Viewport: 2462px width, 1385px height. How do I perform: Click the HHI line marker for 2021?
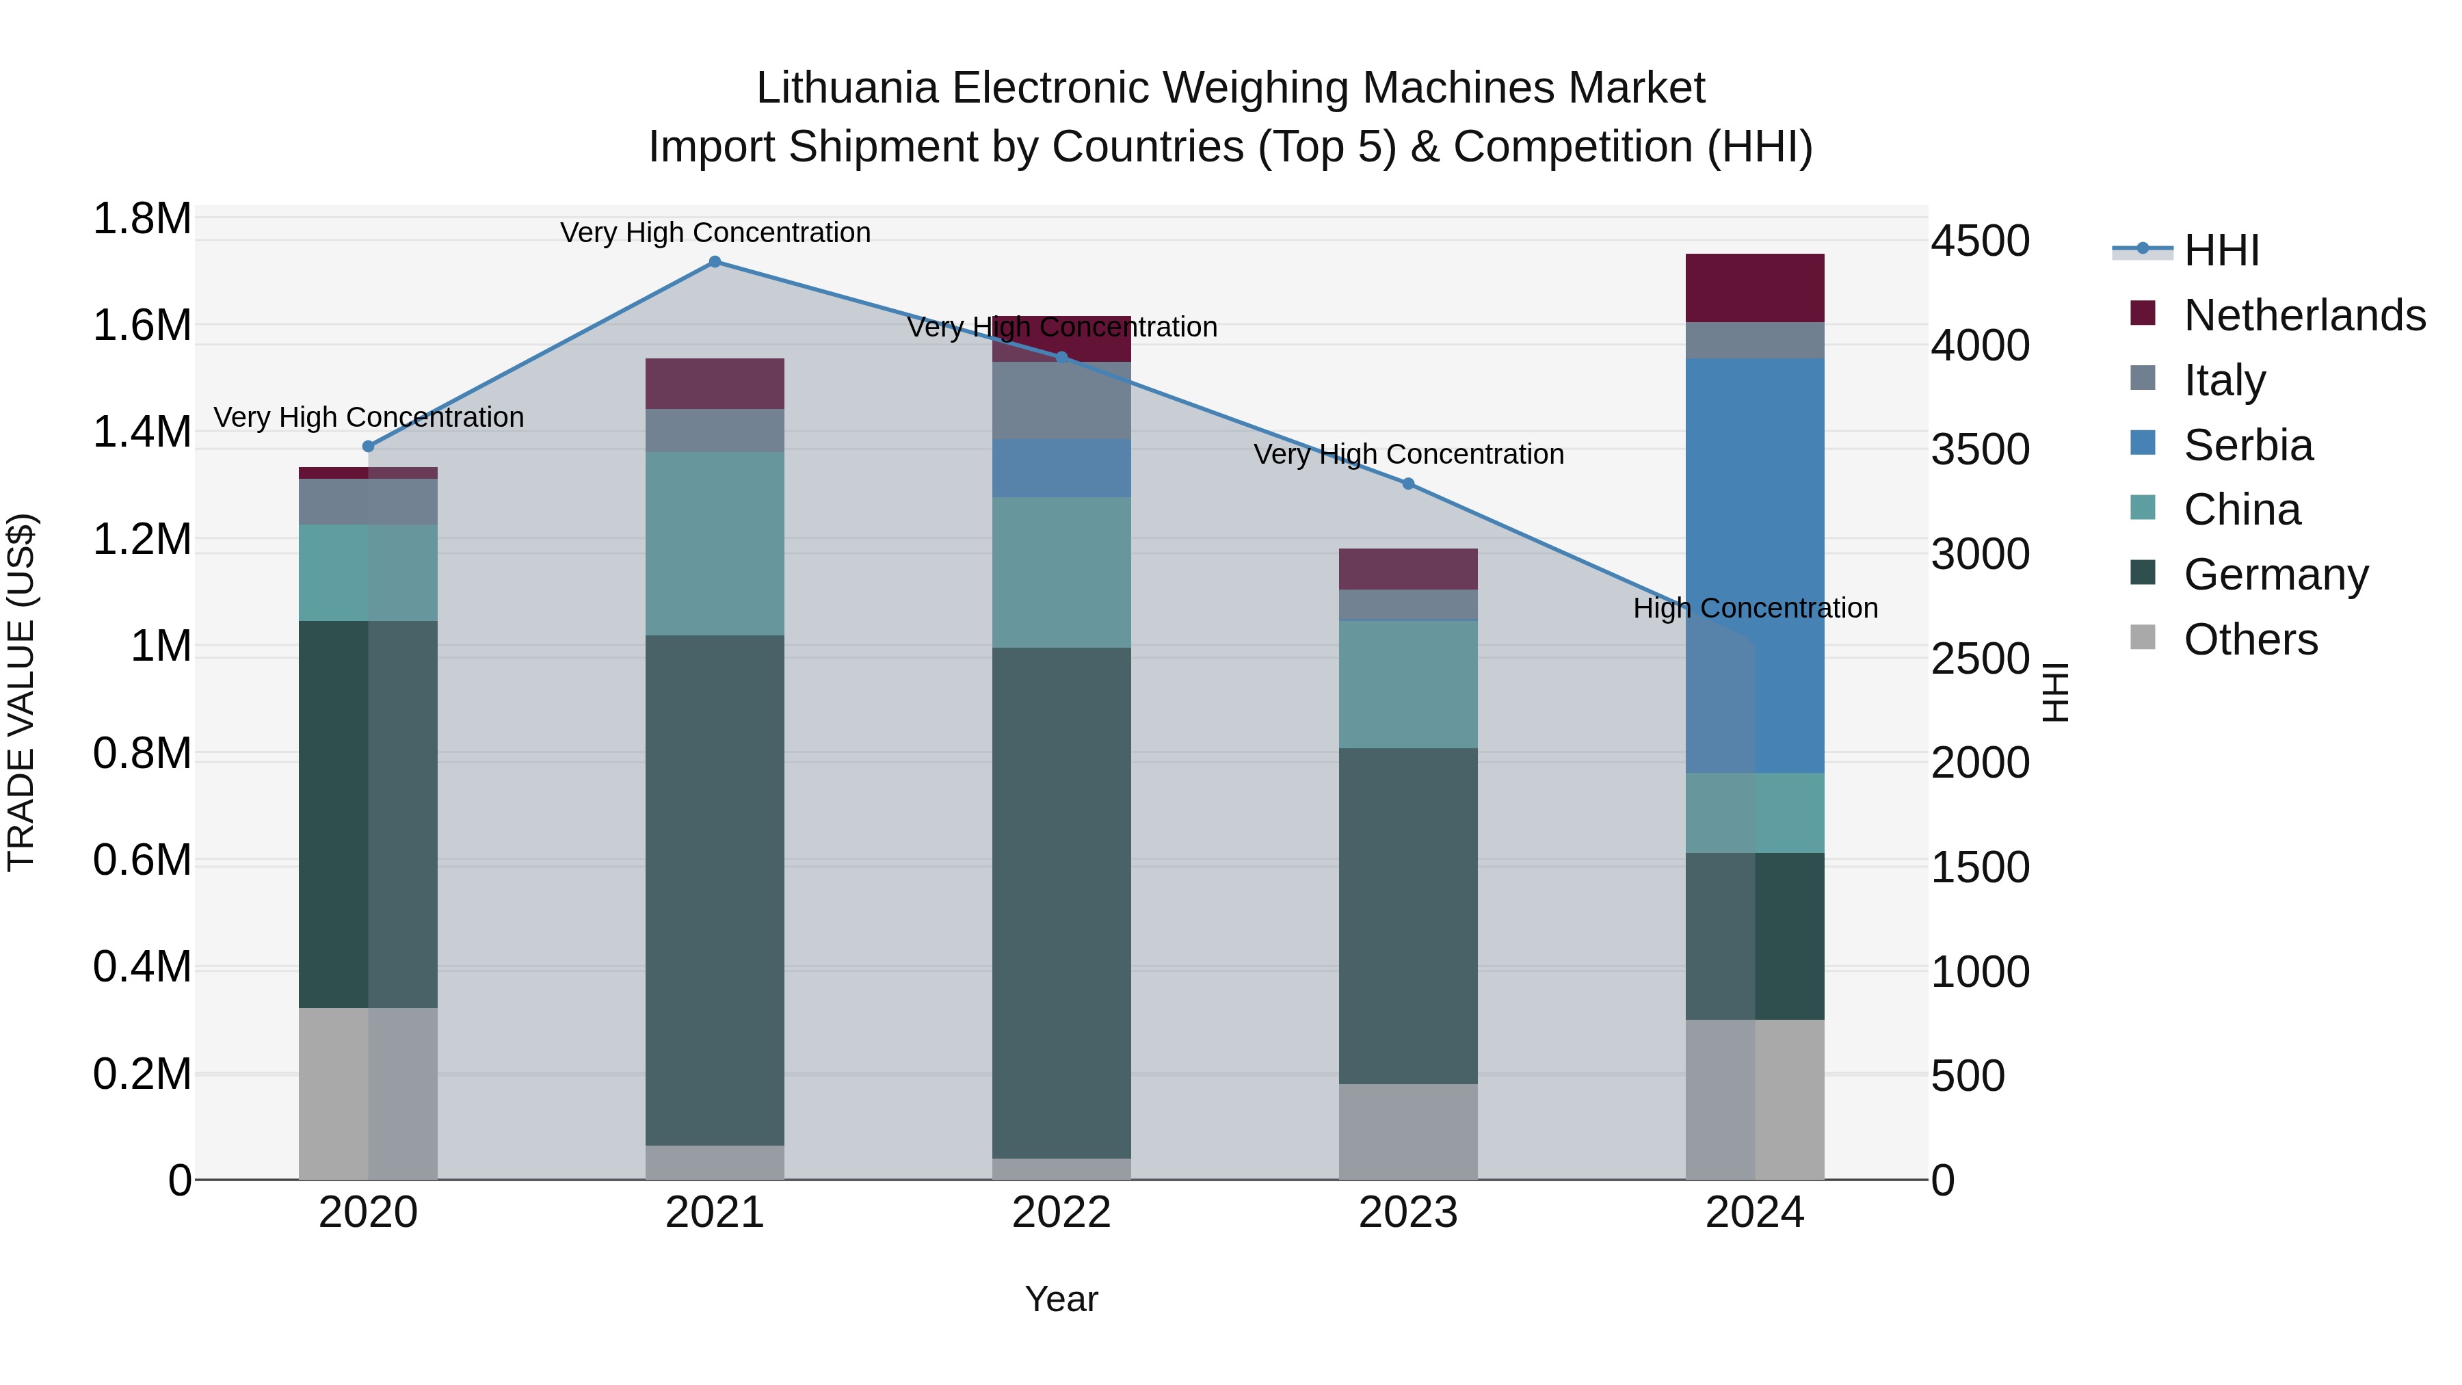pyautogui.click(x=714, y=262)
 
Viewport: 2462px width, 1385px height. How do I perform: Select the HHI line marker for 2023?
pyautogui.click(x=1408, y=484)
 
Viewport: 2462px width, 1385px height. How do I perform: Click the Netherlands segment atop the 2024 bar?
pyautogui.click(x=1755, y=288)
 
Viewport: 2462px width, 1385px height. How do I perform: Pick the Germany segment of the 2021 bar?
pyautogui.click(x=714, y=889)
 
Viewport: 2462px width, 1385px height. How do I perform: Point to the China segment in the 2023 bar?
pyautogui.click(x=1408, y=685)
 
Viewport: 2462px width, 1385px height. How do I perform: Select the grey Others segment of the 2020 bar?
pyautogui.click(x=368, y=1092)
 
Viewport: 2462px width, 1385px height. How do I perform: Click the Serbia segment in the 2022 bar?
pyautogui.click(x=1061, y=469)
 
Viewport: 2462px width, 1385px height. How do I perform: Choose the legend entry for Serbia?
pyautogui.click(x=2248, y=445)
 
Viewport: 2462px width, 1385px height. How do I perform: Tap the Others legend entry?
pyautogui.click(x=2250, y=639)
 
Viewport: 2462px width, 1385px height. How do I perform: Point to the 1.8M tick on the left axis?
pyautogui.click(x=142, y=219)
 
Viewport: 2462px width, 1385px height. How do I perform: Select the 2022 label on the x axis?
pyautogui.click(x=1061, y=1213)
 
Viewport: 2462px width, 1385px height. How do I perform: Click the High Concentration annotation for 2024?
pyautogui.click(x=1755, y=608)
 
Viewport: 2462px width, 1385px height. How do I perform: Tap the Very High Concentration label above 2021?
pyautogui.click(x=714, y=233)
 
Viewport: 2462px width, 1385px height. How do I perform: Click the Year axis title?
pyautogui.click(x=1061, y=1299)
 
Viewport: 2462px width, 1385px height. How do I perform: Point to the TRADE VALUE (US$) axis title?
pyautogui.click(x=22, y=692)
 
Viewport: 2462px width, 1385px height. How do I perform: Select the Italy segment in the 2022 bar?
pyautogui.click(x=1061, y=401)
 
